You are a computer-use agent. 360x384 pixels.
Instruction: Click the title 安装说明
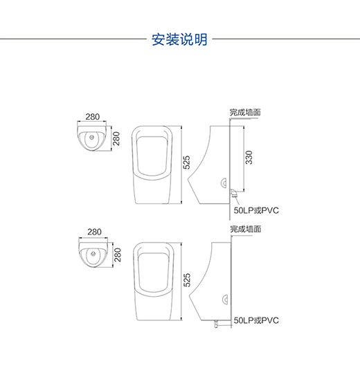click(179, 39)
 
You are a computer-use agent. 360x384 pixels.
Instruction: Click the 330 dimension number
click(249, 157)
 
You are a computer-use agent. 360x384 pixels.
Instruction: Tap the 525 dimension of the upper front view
click(186, 162)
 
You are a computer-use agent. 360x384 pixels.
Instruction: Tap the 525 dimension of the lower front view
click(187, 280)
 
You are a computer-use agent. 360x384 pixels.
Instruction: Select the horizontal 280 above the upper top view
click(93, 116)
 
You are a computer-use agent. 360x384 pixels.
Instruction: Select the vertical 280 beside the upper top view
click(116, 138)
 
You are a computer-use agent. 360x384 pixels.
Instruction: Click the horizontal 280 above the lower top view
click(94, 232)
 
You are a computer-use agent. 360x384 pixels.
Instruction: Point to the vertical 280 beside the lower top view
click(118, 255)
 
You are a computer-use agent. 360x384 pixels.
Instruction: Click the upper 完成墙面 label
click(245, 112)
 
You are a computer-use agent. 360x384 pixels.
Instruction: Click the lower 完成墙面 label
click(246, 229)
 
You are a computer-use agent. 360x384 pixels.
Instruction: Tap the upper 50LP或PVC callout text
click(256, 210)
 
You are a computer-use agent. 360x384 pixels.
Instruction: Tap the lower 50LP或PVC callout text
click(256, 320)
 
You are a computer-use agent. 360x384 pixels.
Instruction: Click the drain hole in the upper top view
click(92, 138)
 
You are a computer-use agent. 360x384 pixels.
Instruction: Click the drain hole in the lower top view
click(93, 253)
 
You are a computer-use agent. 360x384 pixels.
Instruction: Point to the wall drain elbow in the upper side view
click(233, 193)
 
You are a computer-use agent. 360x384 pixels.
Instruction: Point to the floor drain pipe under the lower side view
click(216, 324)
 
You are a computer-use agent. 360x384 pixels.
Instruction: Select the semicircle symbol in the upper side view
click(224, 183)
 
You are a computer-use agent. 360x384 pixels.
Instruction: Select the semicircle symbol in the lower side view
click(225, 300)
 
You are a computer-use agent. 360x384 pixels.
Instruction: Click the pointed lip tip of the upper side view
click(188, 179)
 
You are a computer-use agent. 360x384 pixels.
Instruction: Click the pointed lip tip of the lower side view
click(190, 295)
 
